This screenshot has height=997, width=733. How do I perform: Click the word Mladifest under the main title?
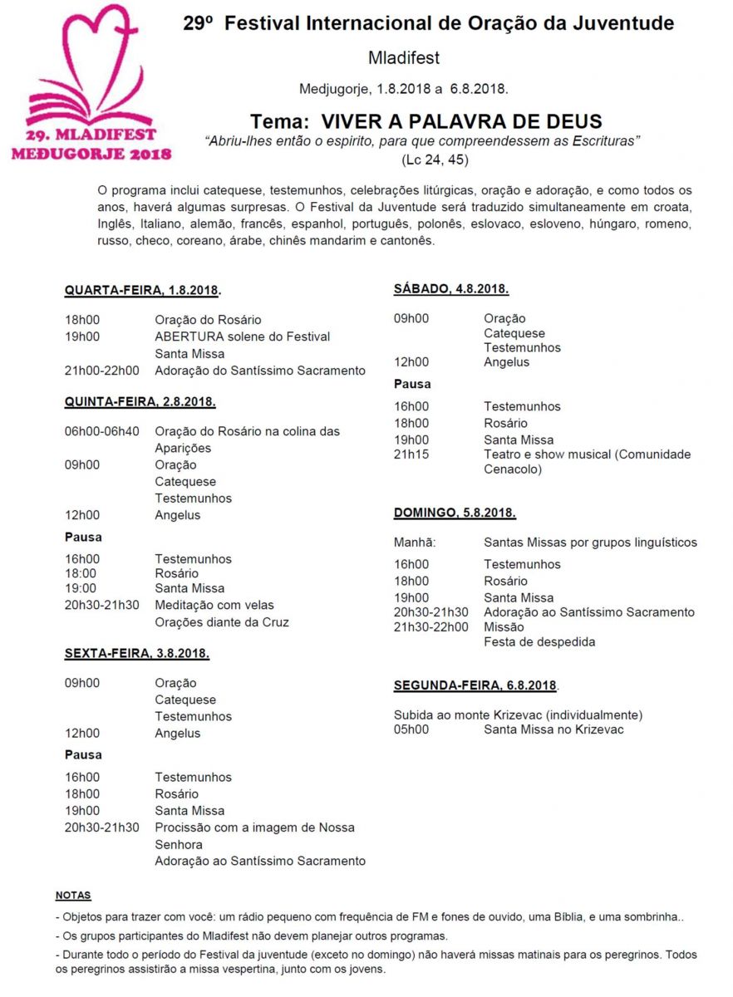(403, 58)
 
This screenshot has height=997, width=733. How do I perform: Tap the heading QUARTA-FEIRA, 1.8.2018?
(142, 291)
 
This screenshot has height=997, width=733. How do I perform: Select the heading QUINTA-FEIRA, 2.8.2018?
(140, 402)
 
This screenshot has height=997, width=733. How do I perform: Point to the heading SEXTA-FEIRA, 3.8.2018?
(136, 654)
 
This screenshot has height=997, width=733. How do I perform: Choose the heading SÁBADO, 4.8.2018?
(450, 289)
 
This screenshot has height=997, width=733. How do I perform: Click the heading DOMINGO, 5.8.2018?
(455, 513)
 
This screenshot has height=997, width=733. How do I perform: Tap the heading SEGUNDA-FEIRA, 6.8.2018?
(475, 685)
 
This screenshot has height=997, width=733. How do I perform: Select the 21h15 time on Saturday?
(411, 454)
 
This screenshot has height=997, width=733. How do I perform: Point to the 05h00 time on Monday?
(411, 729)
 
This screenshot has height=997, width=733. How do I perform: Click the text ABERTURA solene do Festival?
(242, 336)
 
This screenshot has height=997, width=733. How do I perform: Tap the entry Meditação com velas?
(214, 605)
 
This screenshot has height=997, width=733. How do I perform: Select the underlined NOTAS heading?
(73, 896)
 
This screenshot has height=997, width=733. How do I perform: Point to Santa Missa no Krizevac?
(553, 729)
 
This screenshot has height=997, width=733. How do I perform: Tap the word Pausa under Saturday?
(412, 385)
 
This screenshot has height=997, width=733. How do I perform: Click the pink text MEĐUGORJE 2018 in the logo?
(91, 153)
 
